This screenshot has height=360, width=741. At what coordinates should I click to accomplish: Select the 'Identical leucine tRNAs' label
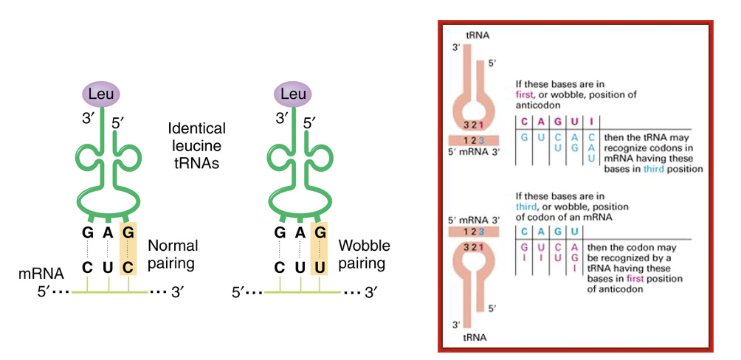pos(196,146)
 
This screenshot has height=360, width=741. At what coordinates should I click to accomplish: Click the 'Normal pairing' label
pos(173,253)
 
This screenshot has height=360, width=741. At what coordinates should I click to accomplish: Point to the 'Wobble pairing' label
pos(363,253)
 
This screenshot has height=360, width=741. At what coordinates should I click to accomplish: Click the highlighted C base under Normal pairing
pos(128,266)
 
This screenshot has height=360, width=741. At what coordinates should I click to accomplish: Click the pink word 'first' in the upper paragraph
pos(527,95)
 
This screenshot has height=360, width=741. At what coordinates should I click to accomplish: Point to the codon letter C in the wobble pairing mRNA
pos(280,266)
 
